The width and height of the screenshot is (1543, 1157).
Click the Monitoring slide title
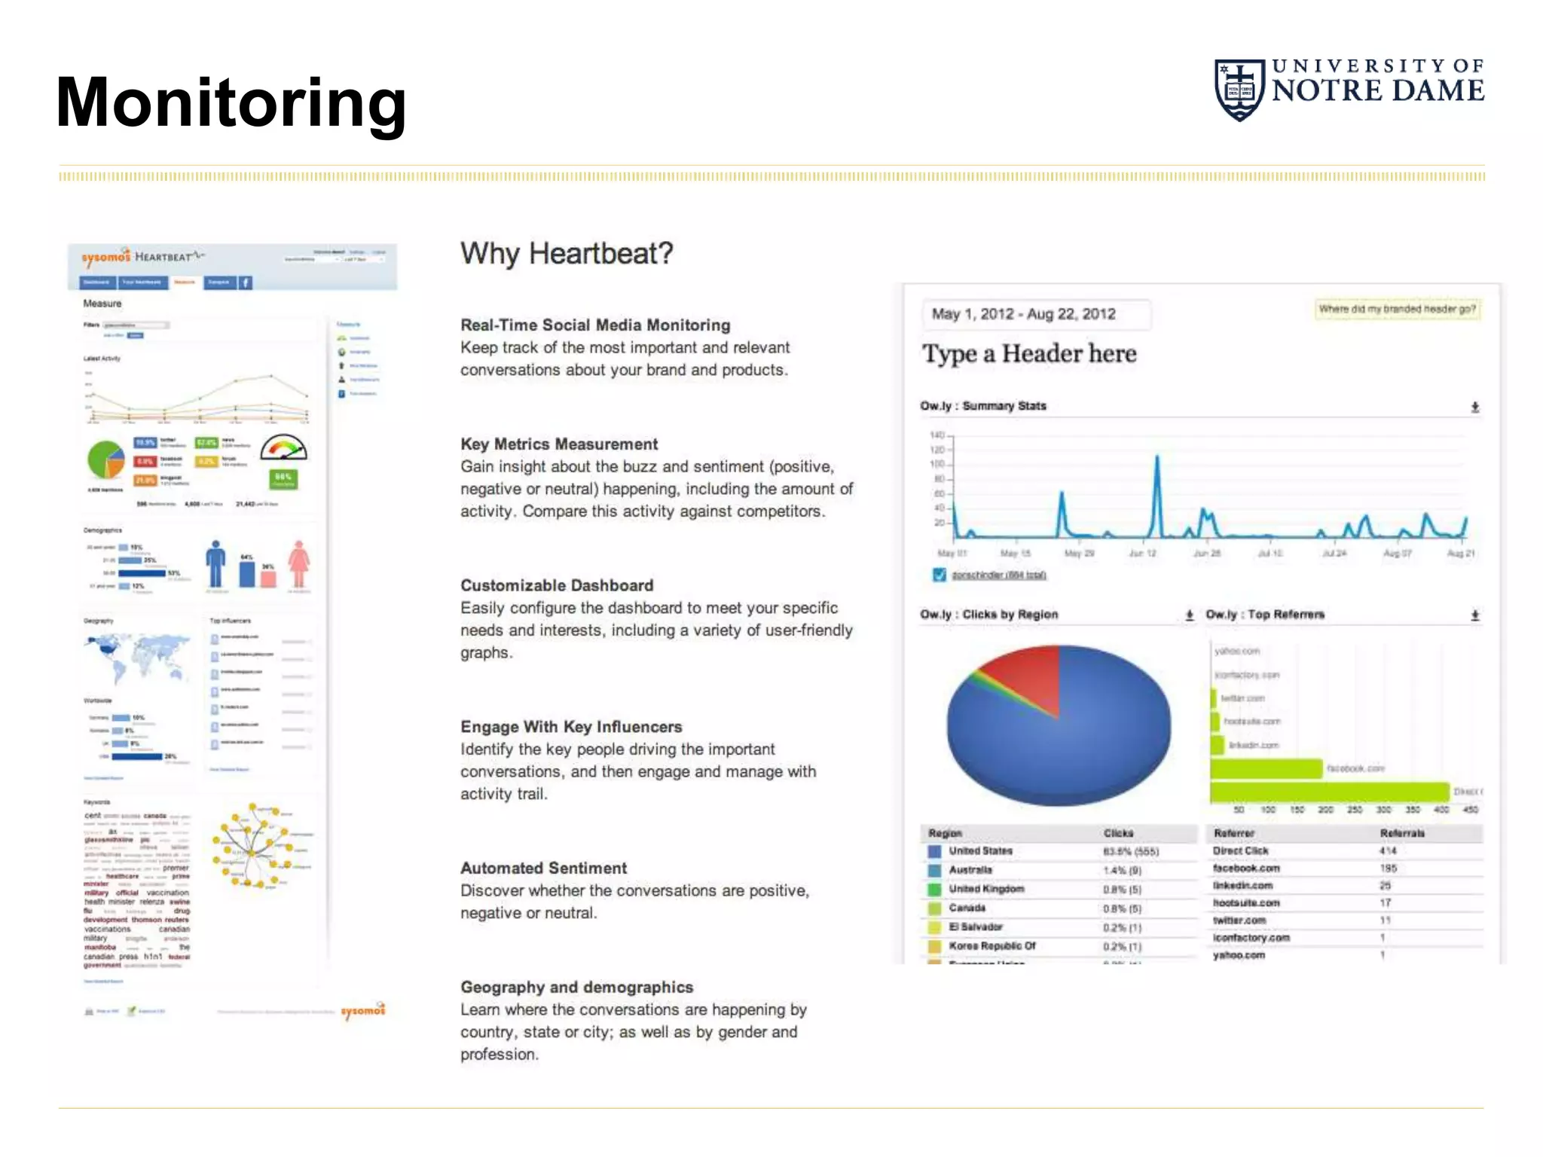point(231,103)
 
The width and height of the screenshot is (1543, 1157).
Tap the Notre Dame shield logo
point(1239,90)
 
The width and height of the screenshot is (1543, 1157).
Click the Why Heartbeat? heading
point(567,253)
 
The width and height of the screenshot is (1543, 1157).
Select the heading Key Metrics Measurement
point(559,444)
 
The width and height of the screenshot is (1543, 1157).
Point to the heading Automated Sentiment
point(543,869)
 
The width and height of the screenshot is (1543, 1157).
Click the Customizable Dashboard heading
point(557,585)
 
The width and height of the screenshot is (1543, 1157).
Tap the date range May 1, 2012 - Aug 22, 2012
point(1023,314)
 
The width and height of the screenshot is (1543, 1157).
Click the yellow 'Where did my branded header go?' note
point(1397,309)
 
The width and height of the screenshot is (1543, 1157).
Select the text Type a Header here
point(1029,353)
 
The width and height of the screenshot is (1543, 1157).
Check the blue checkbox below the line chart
point(939,575)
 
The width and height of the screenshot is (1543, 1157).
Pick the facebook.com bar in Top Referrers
point(1266,768)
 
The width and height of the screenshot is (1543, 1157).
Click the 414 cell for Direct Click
point(1388,850)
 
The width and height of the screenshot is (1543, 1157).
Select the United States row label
point(980,851)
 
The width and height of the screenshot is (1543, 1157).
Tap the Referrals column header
point(1401,833)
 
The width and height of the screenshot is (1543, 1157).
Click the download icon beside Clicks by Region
point(1189,615)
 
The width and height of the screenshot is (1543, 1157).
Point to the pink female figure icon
point(299,563)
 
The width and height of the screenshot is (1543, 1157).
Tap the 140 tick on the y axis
point(937,435)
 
